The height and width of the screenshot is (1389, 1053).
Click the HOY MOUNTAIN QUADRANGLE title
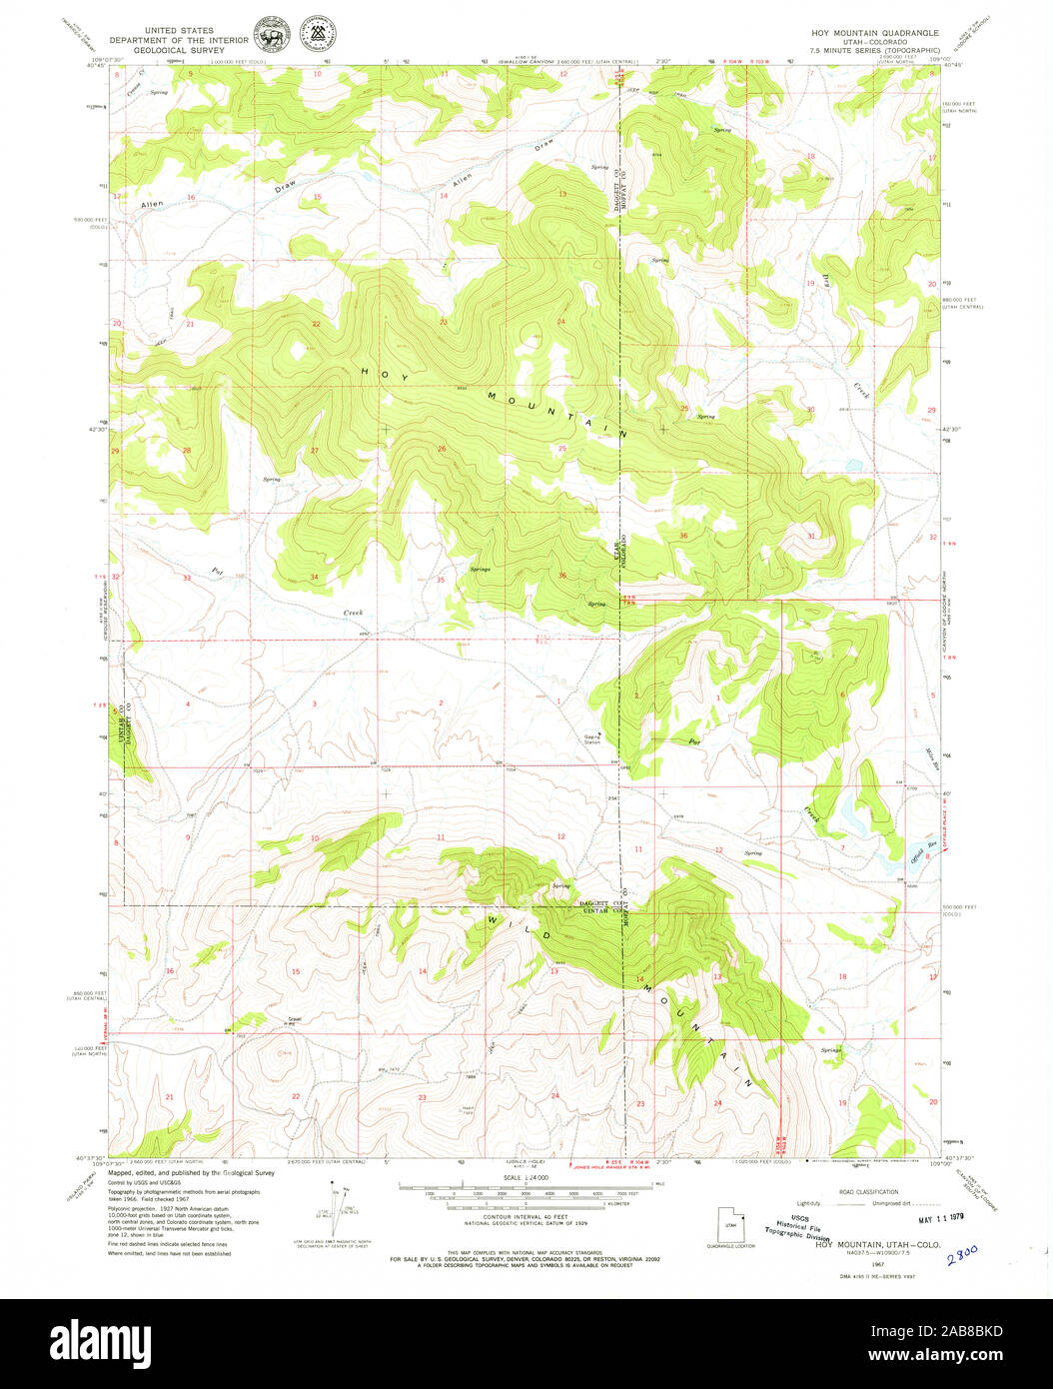pyautogui.click(x=874, y=32)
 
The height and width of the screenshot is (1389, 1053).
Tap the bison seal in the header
pyautogui.click(x=270, y=36)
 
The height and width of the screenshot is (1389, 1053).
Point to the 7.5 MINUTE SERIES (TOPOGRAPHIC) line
pyautogui.click(x=874, y=49)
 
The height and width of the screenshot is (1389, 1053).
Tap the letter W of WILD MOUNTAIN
pyautogui.click(x=494, y=916)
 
